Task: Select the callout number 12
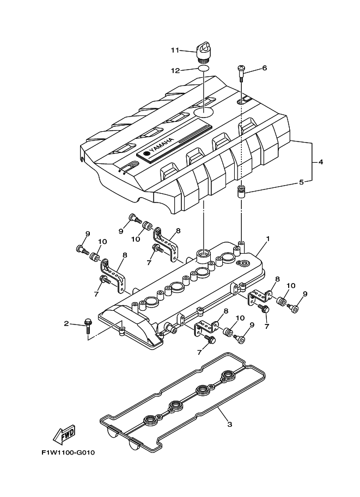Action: (x=175, y=70)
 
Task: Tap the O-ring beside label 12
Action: (x=202, y=70)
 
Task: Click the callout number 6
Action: (x=265, y=68)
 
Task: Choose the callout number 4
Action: (x=321, y=162)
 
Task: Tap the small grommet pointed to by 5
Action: (x=241, y=192)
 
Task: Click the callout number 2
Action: (x=66, y=324)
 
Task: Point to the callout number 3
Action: (x=229, y=425)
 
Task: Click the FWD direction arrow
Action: (x=64, y=434)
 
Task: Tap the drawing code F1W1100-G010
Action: (x=68, y=453)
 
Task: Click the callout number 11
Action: (x=175, y=51)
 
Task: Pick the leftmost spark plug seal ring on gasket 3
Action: (x=149, y=420)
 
